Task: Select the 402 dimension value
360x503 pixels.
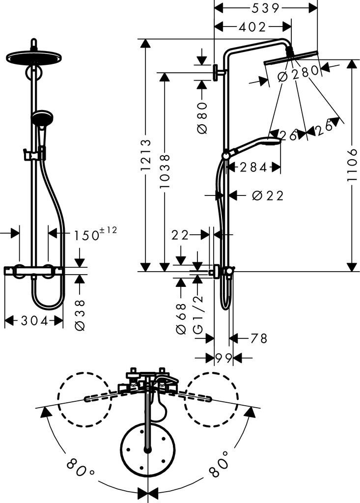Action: click(x=253, y=27)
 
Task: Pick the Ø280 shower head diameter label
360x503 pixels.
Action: click(x=299, y=75)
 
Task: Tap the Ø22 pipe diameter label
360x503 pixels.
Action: click(x=268, y=196)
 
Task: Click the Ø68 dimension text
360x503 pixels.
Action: click(x=181, y=319)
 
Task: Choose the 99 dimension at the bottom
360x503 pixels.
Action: click(x=223, y=358)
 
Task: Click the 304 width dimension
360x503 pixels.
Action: click(x=34, y=321)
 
